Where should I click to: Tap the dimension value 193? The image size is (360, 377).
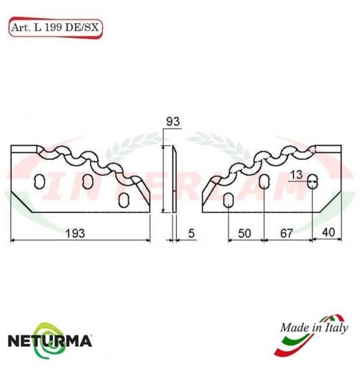click(76, 232)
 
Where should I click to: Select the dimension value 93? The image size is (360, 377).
click(172, 122)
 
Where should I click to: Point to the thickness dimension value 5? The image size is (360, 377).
click(191, 232)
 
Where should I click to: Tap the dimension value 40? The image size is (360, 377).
click(327, 232)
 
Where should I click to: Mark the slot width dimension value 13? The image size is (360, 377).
click(297, 174)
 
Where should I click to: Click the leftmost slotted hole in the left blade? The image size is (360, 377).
click(40, 181)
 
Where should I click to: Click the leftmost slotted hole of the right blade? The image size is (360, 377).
click(228, 199)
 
